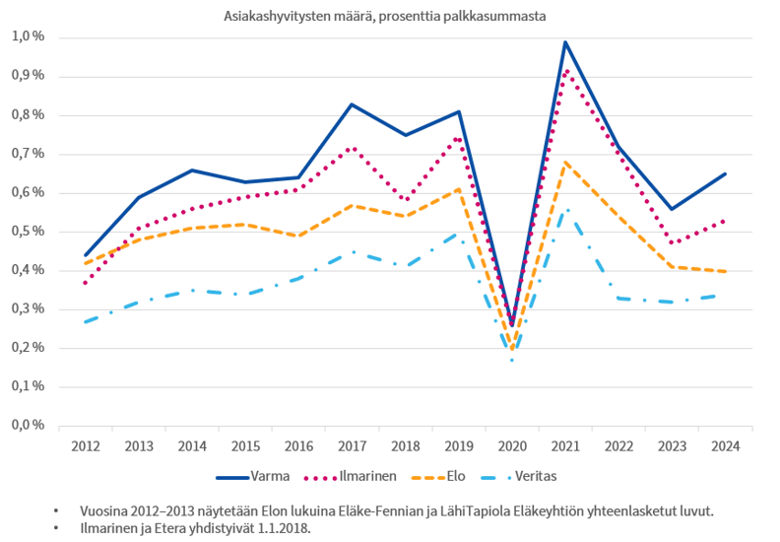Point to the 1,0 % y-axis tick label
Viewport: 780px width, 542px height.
click(29, 37)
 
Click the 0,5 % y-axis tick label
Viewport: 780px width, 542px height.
click(29, 232)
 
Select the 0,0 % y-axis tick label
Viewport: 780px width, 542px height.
click(29, 426)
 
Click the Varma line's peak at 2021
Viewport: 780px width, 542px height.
click(565, 41)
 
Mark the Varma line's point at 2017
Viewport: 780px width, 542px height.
click(352, 103)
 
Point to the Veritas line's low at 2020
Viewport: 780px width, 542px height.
click(512, 360)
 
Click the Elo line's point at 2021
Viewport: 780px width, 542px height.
click(565, 162)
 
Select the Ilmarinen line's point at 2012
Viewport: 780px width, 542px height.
click(87, 283)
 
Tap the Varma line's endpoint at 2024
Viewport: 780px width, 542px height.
click(725, 173)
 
